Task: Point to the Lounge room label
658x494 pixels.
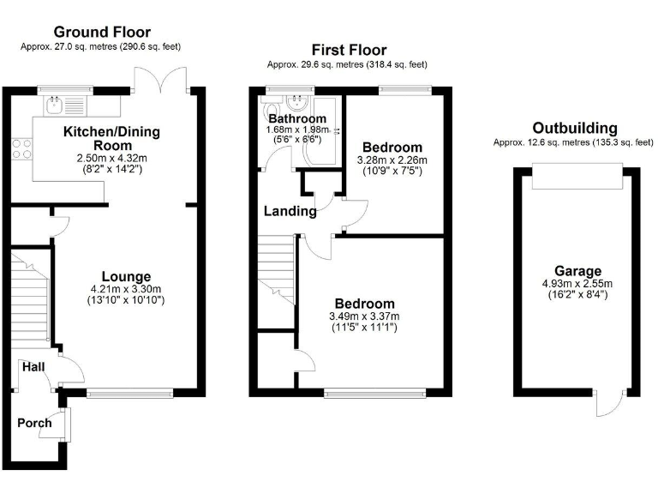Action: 126,276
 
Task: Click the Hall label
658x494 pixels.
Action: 33,367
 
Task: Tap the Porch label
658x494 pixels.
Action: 34,423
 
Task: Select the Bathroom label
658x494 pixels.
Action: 297,118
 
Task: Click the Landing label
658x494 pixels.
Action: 290,211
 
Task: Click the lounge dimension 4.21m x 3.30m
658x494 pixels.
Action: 126,288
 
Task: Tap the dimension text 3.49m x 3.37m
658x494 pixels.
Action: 365,316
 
